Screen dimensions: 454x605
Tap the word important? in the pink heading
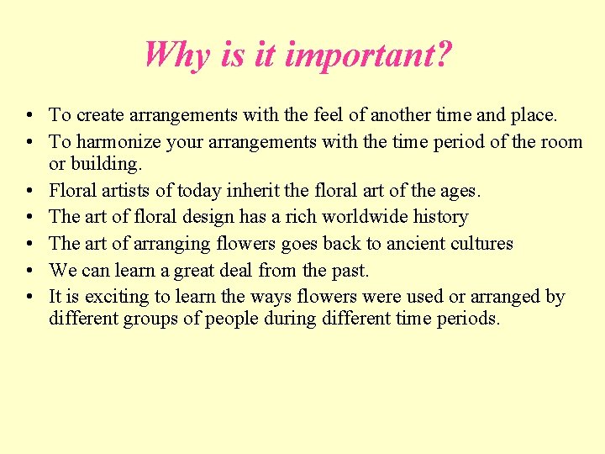(369, 55)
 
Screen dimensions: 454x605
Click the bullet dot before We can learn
(29, 271)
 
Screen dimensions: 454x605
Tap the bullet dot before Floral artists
(29, 191)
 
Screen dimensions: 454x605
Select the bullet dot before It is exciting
(29, 297)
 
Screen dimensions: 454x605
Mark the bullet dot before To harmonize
(29, 142)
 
